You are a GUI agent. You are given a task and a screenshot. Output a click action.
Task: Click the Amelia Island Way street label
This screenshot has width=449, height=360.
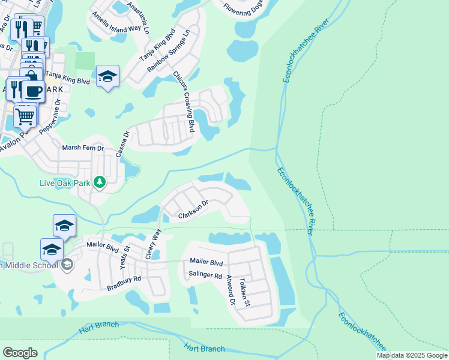point(116,27)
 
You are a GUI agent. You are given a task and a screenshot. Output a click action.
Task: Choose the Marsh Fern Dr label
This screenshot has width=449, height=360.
point(83,148)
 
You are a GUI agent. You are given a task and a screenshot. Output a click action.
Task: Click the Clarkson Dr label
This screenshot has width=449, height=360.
point(193,209)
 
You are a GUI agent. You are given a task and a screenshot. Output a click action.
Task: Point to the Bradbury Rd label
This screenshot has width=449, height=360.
point(124,283)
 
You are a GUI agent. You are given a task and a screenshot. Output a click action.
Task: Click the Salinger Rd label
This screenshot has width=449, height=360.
point(205,275)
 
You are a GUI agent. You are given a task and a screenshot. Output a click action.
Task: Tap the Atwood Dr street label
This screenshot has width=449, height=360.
point(230,290)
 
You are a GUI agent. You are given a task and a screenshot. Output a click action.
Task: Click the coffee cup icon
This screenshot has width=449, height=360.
point(33,91)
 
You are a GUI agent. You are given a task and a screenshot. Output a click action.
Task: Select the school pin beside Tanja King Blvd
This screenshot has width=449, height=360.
point(107,76)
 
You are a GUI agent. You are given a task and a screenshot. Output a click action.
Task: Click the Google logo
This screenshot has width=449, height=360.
point(20,353)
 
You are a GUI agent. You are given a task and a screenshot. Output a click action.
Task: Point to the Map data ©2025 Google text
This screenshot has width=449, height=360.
point(411,355)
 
